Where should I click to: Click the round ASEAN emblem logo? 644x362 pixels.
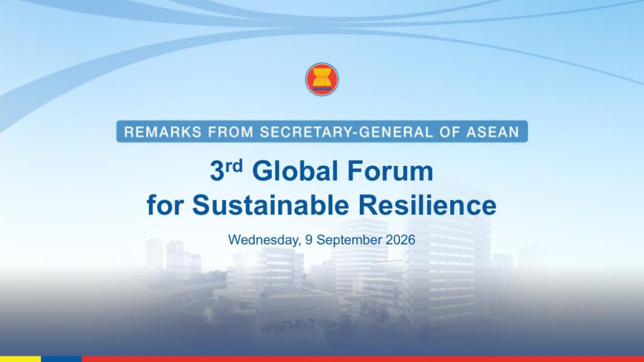click(322, 79)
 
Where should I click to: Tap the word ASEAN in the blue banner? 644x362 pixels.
click(493, 132)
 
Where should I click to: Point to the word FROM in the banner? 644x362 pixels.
click(231, 132)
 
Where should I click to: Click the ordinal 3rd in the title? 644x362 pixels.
click(226, 170)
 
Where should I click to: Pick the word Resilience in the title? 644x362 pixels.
click(427, 205)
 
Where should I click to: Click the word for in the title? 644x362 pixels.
click(164, 205)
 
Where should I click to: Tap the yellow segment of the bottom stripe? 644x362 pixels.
click(21, 359)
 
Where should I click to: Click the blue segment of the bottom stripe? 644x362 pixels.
click(62, 359)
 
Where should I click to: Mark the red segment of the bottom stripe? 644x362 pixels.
click(363, 359)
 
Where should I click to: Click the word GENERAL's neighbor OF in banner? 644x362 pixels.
click(450, 132)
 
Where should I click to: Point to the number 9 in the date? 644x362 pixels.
click(308, 239)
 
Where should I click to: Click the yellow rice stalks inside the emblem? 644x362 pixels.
click(322, 77)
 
